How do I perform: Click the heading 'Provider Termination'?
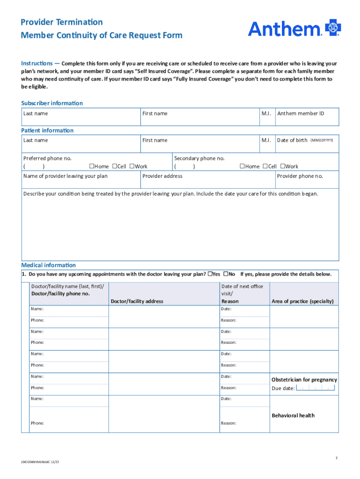point(62,22)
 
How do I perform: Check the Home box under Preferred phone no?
point(92,166)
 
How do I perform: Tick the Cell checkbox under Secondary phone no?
point(265,166)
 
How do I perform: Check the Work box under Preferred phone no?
point(132,166)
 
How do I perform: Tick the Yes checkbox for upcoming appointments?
point(210,274)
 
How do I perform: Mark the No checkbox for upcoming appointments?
point(226,274)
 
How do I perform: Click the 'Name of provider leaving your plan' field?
point(81,180)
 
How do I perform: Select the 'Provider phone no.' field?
point(307,180)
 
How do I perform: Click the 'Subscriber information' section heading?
point(52,103)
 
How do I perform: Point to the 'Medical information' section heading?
point(48,265)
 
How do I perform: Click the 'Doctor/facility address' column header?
point(137,301)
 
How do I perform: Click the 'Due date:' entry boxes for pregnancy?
point(316,388)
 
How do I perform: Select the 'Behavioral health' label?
point(293,415)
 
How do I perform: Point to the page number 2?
point(336,458)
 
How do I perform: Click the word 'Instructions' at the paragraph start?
point(36,63)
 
